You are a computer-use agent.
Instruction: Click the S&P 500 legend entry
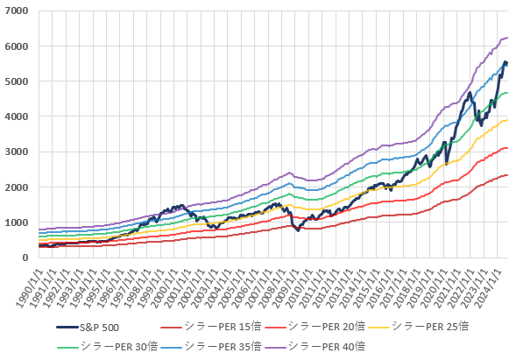pyautogui.click(x=88, y=328)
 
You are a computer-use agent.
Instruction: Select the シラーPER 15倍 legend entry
pyautogui.click(x=211, y=327)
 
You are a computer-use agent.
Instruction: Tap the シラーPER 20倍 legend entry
pyautogui.click(x=315, y=327)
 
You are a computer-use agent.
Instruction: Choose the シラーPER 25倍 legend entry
pyautogui.click(x=419, y=327)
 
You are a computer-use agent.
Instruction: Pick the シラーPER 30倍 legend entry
pyautogui.click(x=108, y=347)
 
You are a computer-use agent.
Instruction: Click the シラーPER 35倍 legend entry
pyautogui.click(x=211, y=347)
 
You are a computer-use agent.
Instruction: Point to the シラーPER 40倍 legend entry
pyautogui.click(x=315, y=347)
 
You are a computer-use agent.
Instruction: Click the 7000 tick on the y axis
pyautogui.click(x=17, y=11)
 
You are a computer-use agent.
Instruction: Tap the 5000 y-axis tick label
pyautogui.click(x=17, y=81)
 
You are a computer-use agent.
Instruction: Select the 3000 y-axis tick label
pyautogui.click(x=17, y=152)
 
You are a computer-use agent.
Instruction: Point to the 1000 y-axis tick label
pyautogui.click(x=17, y=222)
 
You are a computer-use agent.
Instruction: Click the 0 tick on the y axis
pyautogui.click(x=25, y=258)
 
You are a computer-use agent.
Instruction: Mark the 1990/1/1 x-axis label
pyautogui.click(x=30, y=287)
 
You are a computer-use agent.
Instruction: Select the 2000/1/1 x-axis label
pyautogui.click(x=164, y=287)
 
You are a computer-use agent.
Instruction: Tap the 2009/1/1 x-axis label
pyautogui.click(x=286, y=287)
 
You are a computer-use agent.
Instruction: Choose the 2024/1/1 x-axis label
pyautogui.click(x=488, y=287)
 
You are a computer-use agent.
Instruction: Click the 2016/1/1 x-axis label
pyautogui.click(x=380, y=287)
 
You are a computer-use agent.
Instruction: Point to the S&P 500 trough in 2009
pyautogui.click(x=298, y=230)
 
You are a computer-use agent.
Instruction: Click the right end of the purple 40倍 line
pyautogui.click(x=507, y=38)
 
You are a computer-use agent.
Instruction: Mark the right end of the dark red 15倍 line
pyautogui.click(x=507, y=175)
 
